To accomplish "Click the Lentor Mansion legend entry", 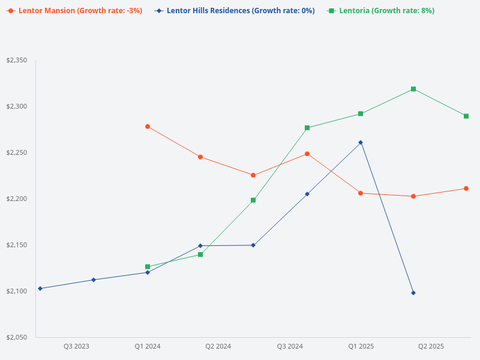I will pyautogui.click(x=74, y=11).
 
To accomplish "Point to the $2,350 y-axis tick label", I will pyautogui.click(x=17, y=61).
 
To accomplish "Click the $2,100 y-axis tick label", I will pyautogui.click(x=17, y=291).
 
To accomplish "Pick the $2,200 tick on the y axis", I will pyautogui.click(x=17, y=199).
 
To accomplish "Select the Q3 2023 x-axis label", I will pyautogui.click(x=76, y=346).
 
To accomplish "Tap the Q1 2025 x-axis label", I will pyautogui.click(x=361, y=346).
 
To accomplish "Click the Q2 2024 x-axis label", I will pyautogui.click(x=218, y=346).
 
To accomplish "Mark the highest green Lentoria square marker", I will pyautogui.click(x=413, y=89).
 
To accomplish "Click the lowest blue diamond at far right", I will pyautogui.click(x=413, y=293).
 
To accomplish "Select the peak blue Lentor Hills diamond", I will pyautogui.click(x=361, y=142).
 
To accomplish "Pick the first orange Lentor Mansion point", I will pyautogui.click(x=148, y=127).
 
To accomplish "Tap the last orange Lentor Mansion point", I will pyautogui.click(x=466, y=188).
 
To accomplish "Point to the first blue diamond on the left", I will pyautogui.click(x=40, y=289).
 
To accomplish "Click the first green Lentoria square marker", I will pyautogui.click(x=148, y=266).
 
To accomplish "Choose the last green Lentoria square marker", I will pyautogui.click(x=466, y=116).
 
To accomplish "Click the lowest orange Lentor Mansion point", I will pyautogui.click(x=413, y=196).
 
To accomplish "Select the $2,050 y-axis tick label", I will pyautogui.click(x=17, y=337).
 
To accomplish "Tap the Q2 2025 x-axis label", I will pyautogui.click(x=431, y=346).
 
